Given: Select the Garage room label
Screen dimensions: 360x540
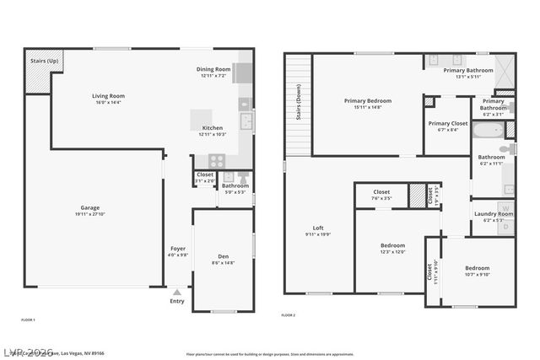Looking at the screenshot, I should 89,207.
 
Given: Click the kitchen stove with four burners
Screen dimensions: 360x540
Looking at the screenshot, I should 216,160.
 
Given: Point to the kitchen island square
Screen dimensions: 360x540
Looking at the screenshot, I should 201,118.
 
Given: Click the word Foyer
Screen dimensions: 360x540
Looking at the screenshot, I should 178,249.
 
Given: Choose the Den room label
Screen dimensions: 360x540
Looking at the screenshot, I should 224,256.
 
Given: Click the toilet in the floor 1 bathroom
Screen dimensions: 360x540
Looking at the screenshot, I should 243,178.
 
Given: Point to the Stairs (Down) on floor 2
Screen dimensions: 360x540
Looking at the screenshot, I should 298,104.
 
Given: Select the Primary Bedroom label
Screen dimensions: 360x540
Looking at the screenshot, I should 367,101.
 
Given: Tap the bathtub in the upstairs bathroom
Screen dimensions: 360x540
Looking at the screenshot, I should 488,131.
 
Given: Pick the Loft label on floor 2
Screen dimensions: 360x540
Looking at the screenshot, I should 318,228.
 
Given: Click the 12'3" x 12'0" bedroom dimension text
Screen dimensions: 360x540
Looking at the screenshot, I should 393,251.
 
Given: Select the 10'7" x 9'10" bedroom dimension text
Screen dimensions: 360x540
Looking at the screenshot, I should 477,274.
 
